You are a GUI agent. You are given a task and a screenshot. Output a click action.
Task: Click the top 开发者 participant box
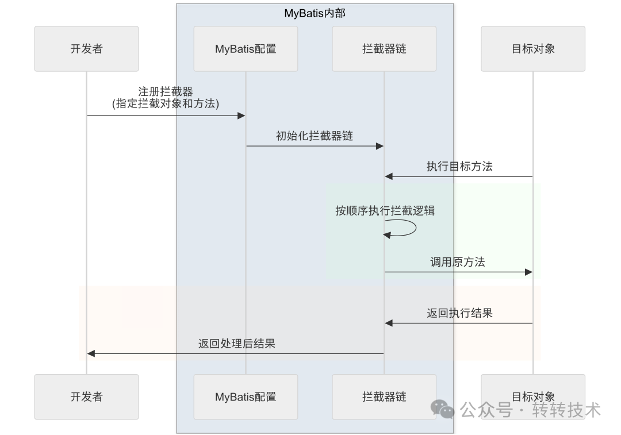click(86, 49)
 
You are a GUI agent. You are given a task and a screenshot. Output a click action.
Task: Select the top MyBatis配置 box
click(246, 49)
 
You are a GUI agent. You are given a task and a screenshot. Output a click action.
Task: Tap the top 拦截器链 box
click(384, 49)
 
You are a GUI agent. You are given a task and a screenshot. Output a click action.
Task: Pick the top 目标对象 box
click(533, 49)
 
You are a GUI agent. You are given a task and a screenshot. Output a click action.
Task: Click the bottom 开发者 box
click(86, 396)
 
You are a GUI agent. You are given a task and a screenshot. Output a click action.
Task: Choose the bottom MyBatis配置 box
click(246, 396)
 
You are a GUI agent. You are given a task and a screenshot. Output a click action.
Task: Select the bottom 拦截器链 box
click(384, 396)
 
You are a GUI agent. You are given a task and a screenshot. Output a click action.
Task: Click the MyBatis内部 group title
click(315, 13)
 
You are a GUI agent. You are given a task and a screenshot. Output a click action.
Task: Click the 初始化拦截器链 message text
click(315, 136)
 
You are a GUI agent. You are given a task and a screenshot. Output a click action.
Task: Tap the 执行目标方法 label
click(459, 167)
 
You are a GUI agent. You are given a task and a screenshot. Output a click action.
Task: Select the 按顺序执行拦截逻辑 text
click(385, 210)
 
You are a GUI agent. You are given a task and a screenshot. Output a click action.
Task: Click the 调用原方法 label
click(458, 262)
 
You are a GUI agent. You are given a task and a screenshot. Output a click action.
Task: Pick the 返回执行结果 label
click(459, 313)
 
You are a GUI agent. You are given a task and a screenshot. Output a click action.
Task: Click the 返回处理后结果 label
click(236, 344)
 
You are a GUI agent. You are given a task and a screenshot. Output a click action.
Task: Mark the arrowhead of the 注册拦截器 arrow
click(241, 116)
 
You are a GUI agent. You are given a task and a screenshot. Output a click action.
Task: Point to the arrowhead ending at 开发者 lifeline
click(91, 354)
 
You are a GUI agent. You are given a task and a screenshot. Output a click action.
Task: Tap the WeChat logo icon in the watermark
click(443, 409)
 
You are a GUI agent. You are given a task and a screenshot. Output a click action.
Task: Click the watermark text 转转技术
click(566, 410)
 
